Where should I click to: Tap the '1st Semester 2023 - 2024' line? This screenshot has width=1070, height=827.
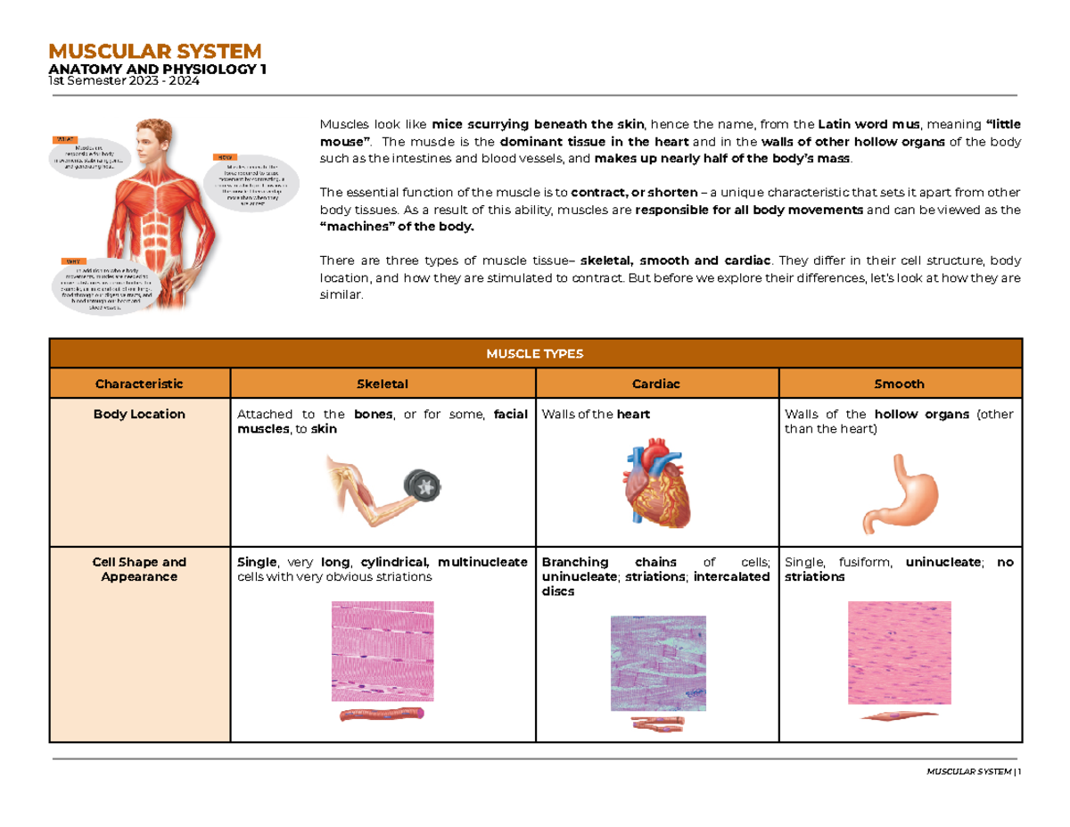[124, 82]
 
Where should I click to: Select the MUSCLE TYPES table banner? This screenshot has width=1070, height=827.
[535, 353]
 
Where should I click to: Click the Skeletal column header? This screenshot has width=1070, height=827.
[382, 384]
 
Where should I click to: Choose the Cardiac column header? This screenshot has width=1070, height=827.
[656, 384]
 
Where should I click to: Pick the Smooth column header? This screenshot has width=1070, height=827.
[900, 384]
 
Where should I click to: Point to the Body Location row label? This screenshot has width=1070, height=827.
[139, 414]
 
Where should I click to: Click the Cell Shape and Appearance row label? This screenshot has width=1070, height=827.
[139, 569]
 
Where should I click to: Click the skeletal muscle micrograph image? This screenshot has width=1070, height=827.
[383, 650]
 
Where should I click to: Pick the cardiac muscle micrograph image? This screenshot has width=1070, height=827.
[658, 662]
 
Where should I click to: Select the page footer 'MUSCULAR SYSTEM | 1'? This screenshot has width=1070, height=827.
[973, 771]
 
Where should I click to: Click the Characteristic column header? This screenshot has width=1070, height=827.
[139, 384]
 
